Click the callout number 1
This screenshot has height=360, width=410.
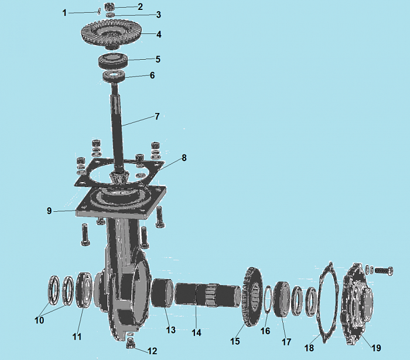(64, 12)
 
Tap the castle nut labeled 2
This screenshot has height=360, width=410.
(110, 6)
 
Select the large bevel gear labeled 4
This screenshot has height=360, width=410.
(111, 34)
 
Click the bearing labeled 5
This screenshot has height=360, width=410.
(113, 60)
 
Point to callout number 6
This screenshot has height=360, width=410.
(152, 76)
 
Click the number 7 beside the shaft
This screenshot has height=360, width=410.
(157, 116)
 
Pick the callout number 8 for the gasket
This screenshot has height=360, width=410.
(184, 158)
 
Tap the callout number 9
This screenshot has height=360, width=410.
(49, 211)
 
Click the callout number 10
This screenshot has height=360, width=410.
(39, 320)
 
